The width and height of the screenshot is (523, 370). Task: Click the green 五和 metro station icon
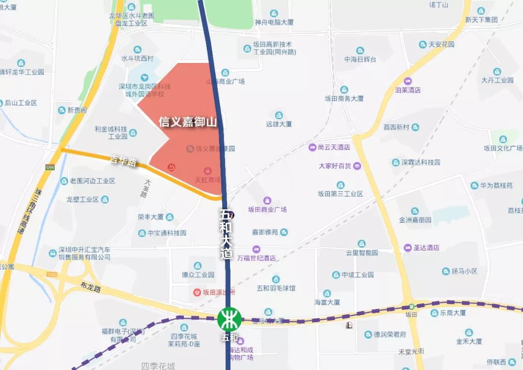[229, 320]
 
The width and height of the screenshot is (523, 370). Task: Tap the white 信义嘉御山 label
[188, 122]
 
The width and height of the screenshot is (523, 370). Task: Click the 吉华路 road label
[123, 161]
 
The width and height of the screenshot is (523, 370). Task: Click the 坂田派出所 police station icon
[197, 292]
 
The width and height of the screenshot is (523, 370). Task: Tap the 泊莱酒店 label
[408, 90]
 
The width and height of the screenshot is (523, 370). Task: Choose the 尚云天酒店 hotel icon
[312, 147]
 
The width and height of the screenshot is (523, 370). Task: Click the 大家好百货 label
[335, 166]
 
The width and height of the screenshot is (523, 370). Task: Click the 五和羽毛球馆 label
[276, 288]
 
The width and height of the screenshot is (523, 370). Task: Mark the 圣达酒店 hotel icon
[408, 247]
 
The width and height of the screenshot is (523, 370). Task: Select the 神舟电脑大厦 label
[275, 22]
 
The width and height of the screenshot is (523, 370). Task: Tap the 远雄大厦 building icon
[279, 115]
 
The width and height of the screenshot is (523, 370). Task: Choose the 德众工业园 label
[198, 275]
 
